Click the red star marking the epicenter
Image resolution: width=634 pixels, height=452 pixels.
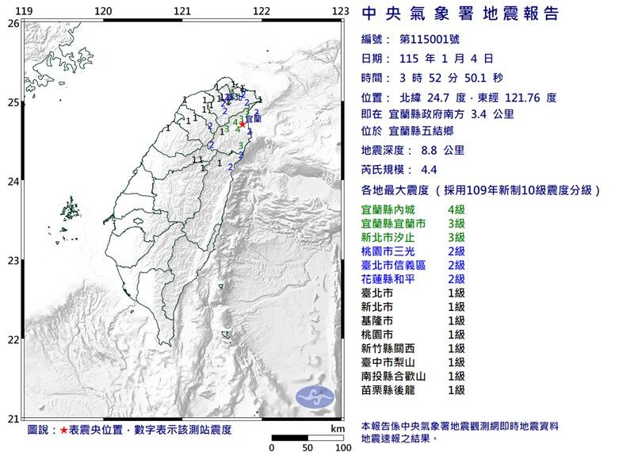coord(243,124)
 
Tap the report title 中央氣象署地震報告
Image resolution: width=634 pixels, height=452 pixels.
coord(460,14)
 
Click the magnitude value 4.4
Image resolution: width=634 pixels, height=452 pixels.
coord(430,170)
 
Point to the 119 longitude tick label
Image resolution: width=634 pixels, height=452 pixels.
coord(24,11)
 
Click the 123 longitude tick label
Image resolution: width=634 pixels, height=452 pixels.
coord(341,11)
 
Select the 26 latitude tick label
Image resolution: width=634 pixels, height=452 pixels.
coord(13,24)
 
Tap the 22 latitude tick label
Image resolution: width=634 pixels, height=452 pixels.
coord(13,340)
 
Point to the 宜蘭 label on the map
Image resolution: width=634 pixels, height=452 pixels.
coord(253,118)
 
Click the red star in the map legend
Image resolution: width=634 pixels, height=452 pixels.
coord(64,430)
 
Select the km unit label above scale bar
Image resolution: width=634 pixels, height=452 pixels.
coord(337,428)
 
